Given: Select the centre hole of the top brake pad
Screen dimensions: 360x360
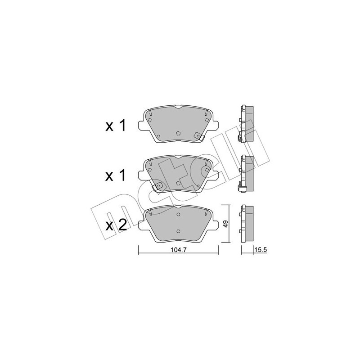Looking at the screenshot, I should pyautogui.click(x=178, y=133).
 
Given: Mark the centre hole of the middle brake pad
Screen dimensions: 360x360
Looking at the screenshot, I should pyautogui.click(x=178, y=183).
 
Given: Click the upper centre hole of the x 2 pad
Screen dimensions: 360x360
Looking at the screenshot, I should pyautogui.click(x=178, y=214).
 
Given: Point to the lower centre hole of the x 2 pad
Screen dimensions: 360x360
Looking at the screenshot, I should pyautogui.click(x=178, y=229).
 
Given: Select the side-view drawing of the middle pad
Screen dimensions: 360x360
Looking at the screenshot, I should pyautogui.click(x=247, y=173).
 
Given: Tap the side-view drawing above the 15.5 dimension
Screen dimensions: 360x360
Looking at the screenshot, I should pyautogui.click(x=247, y=224).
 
